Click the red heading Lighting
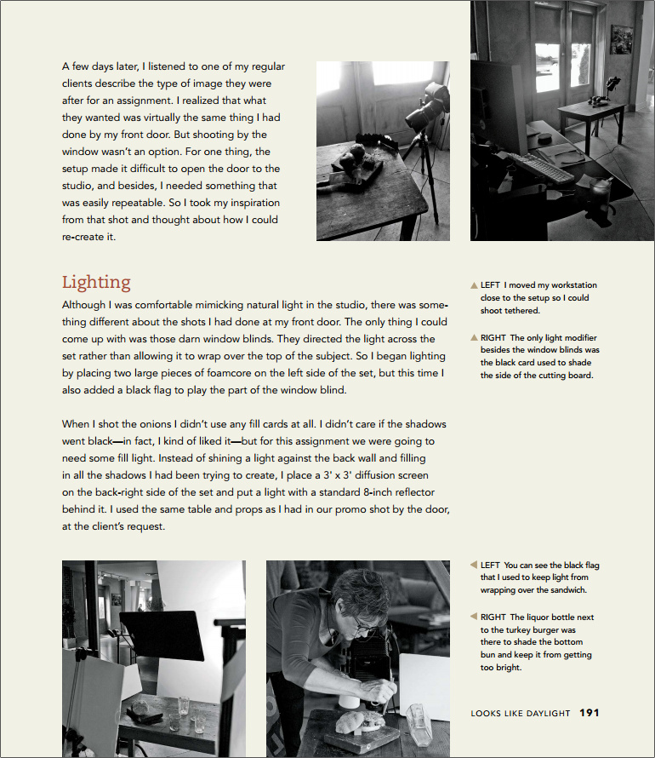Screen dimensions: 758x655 click(96, 283)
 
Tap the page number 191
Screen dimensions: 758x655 click(589, 713)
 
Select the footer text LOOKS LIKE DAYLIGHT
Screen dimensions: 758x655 click(520, 714)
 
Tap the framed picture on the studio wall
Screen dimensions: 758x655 click(622, 39)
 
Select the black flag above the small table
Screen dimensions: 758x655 click(160, 633)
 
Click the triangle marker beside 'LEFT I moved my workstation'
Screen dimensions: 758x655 click(474, 285)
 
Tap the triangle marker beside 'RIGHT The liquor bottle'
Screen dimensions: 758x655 click(474, 616)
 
